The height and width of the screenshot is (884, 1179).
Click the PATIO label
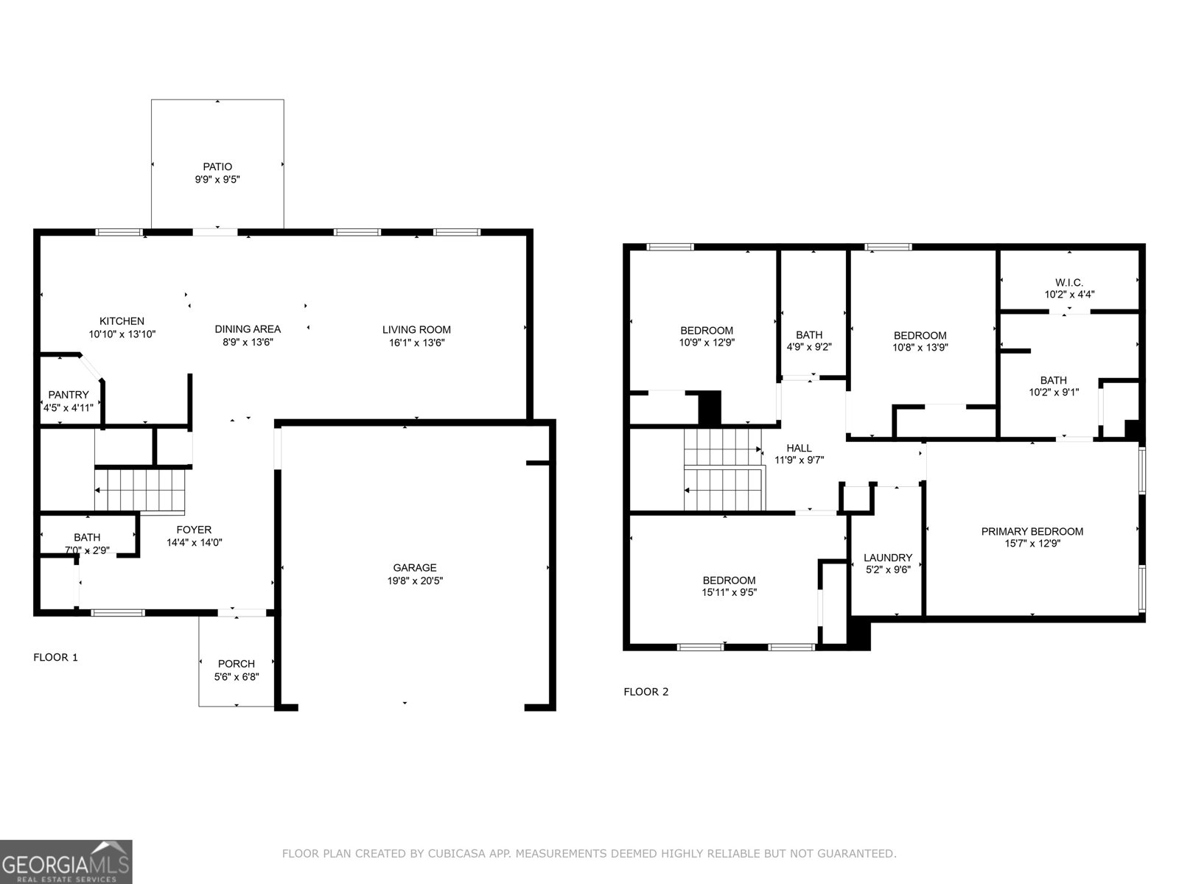(217, 166)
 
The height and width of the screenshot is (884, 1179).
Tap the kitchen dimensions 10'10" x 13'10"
(122, 334)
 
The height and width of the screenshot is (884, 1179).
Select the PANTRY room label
(69, 395)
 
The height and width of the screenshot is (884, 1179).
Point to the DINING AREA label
(248, 329)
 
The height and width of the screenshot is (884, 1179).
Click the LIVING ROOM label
(416, 329)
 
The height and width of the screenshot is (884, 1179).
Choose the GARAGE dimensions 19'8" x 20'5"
(414, 580)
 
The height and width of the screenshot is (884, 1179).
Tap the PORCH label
(237, 664)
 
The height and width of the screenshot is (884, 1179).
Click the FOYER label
(194, 530)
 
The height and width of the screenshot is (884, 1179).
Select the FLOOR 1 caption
(56, 657)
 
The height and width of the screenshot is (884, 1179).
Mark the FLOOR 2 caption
(646, 692)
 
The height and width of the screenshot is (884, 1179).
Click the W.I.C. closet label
(1069, 282)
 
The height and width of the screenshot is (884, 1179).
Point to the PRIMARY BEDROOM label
(1032, 531)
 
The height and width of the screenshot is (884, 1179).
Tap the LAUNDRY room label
(888, 558)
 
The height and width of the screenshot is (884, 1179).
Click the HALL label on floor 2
(799, 448)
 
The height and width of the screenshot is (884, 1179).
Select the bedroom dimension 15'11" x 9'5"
(729, 592)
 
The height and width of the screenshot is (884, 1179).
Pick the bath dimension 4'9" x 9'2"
(809, 348)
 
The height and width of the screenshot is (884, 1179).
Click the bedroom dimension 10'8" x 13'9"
(920, 348)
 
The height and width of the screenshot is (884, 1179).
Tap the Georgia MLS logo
(66, 861)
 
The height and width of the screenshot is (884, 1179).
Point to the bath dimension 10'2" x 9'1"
(1054, 393)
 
